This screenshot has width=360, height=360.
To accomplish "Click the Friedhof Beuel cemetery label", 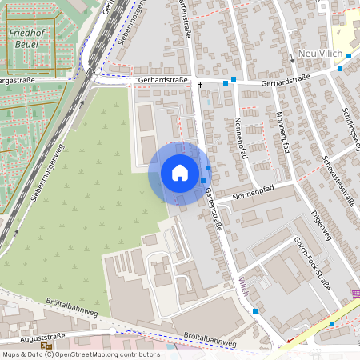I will click(x=25, y=38).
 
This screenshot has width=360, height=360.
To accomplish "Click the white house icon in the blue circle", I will click(x=179, y=173).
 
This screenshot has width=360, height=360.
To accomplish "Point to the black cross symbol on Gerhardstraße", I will click(x=199, y=82).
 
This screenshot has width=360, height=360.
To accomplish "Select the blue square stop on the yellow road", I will click(x=332, y=324).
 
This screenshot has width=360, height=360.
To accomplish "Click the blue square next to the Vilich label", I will click(x=255, y=310).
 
